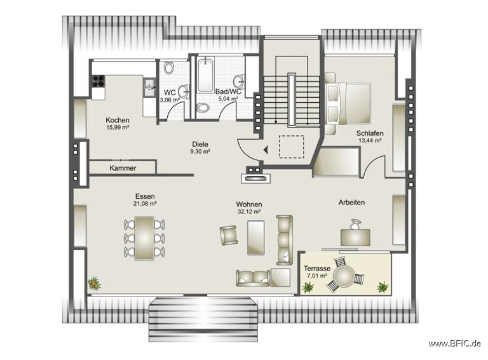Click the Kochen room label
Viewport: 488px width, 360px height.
tap(118, 120)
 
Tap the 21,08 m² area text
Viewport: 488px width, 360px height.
tap(145, 204)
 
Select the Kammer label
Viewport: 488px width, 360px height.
tap(123, 168)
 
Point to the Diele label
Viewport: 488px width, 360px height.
tap(200, 144)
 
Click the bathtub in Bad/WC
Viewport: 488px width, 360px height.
tap(205, 75)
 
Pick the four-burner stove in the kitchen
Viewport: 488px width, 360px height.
tap(98, 81)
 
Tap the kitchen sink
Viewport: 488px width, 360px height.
tap(150, 87)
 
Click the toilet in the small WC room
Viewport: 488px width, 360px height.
tap(169, 67)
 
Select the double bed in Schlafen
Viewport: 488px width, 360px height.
tap(348, 103)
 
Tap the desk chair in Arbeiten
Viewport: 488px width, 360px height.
tap(355, 224)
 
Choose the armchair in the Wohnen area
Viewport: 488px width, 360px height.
tap(229, 235)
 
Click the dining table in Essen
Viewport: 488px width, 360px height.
tap(144, 238)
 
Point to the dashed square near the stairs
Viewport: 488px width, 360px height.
tap(291, 147)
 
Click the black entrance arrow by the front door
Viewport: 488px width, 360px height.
tap(266, 150)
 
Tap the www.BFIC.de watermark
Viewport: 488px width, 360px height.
tap(455, 343)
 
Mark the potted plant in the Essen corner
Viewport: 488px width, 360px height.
tap(94, 283)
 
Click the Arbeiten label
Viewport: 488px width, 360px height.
tap(351, 203)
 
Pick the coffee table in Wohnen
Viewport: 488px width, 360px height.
tap(256, 238)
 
